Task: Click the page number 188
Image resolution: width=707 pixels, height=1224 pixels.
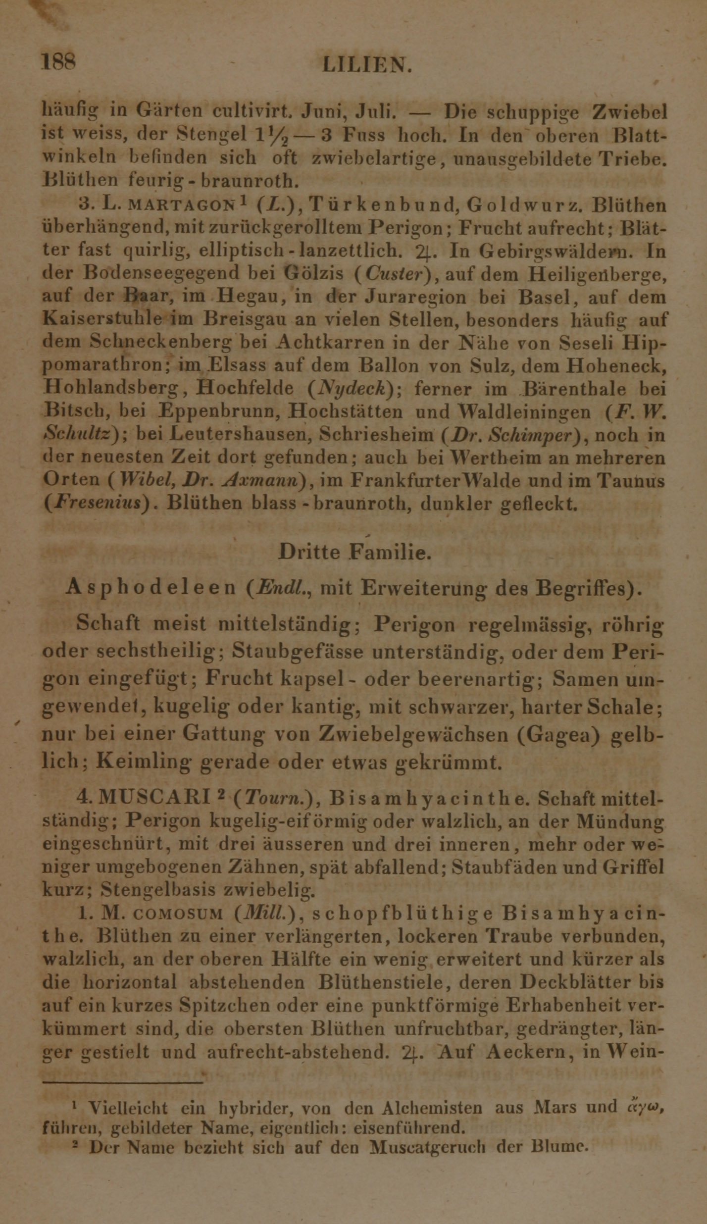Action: [59, 63]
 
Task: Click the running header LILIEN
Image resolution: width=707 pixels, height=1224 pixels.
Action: [366, 65]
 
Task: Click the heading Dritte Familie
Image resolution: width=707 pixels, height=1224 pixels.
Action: [354, 552]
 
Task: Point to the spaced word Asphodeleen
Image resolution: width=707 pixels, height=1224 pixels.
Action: [151, 588]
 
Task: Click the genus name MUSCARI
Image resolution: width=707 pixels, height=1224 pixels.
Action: [154, 798]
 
